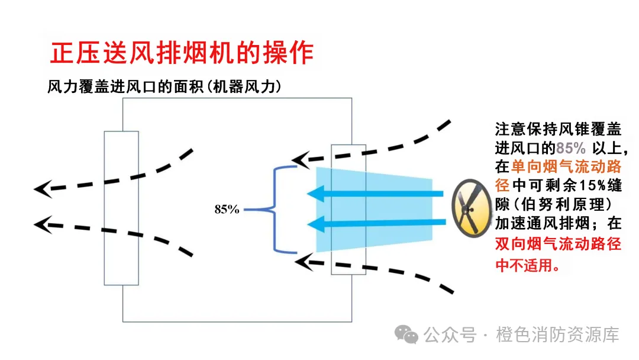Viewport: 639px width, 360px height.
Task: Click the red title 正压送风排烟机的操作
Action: click(x=181, y=53)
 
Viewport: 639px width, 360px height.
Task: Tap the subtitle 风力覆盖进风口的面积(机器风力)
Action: click(x=164, y=86)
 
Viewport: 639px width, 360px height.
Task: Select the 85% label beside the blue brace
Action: click(x=227, y=209)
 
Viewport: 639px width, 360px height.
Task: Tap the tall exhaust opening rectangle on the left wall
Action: click(x=121, y=208)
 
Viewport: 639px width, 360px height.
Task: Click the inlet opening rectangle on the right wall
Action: click(x=348, y=209)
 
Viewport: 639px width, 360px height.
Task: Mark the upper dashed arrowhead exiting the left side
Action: click(x=43, y=189)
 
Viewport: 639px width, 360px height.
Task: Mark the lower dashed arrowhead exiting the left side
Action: click(x=43, y=224)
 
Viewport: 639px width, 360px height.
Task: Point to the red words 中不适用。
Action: click(x=527, y=265)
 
